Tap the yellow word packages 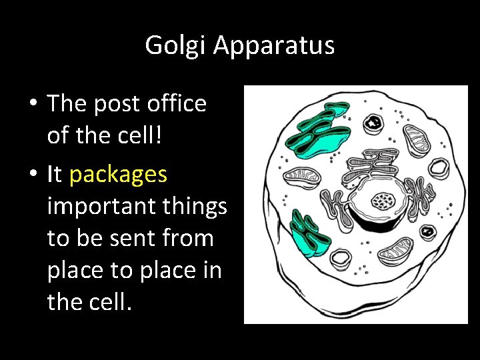coord(118,174)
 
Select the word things coord(197,207)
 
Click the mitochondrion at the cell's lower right coord(397,251)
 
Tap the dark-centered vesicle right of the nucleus coord(427,231)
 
